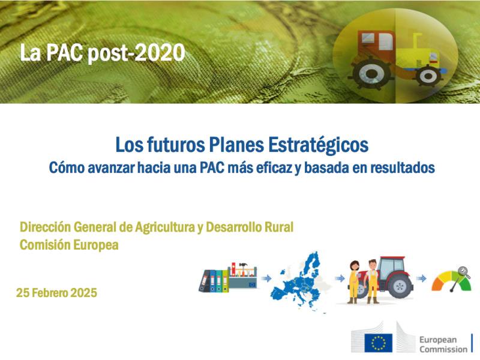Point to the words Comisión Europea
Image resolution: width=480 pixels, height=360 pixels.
pos(70,245)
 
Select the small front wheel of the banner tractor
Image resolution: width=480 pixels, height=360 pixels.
pos(428,75)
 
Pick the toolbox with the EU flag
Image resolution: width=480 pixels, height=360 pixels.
pos(243,276)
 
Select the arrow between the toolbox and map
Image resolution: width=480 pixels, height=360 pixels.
pos(265,278)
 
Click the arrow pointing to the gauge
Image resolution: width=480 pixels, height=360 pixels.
pos(422,278)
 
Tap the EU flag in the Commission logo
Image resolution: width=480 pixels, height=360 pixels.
pos(379,343)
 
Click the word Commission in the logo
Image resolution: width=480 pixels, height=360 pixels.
pos(443,349)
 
